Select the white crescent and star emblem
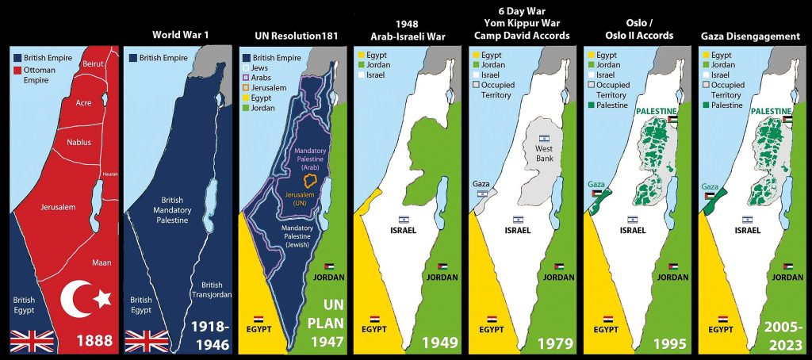[x=86, y=299]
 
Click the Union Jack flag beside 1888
[x=32, y=341]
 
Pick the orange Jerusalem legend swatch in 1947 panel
[x=246, y=88]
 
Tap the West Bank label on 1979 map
[x=544, y=153]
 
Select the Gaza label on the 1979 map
[x=481, y=182]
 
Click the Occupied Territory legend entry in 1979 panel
[x=500, y=89]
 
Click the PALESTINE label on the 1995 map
[x=657, y=111]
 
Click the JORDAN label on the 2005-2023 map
[x=790, y=278]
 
